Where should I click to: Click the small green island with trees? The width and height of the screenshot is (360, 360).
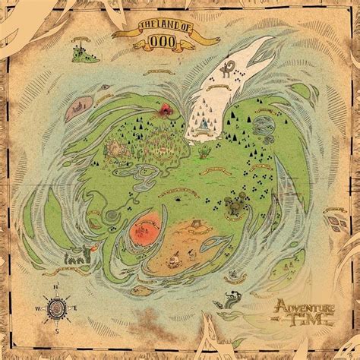78,52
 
